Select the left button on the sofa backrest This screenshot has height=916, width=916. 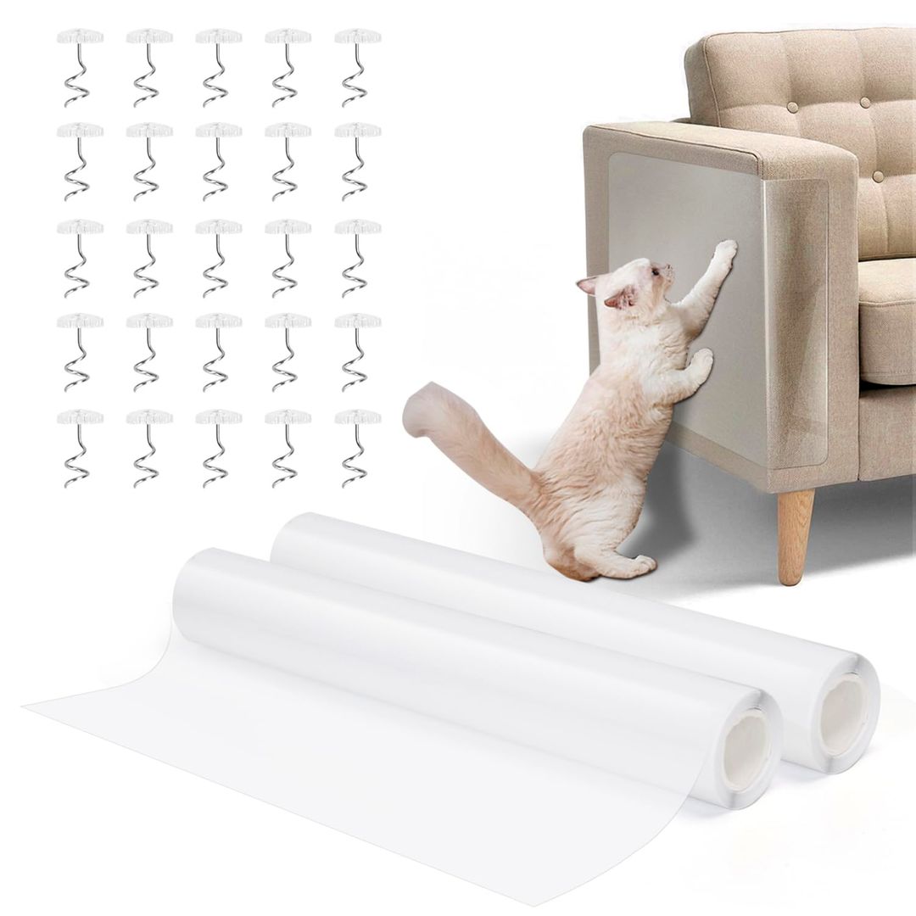tap(792, 108)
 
